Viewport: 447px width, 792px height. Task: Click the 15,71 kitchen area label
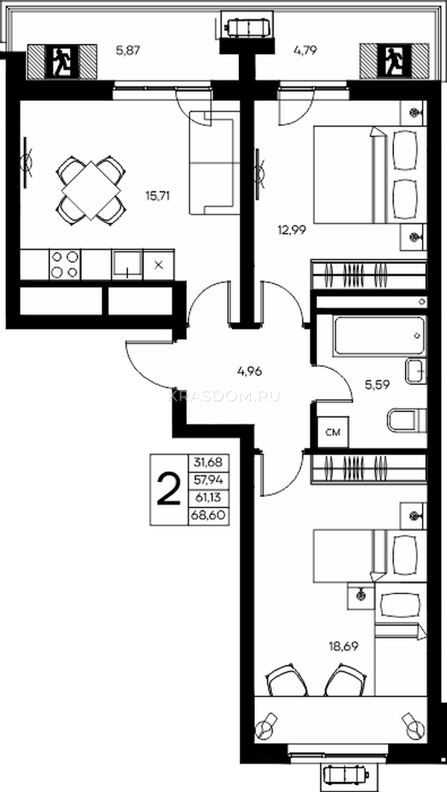point(158,195)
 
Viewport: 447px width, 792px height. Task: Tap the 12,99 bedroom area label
point(291,230)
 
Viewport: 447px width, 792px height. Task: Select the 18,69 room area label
point(343,646)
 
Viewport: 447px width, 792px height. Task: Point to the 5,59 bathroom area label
point(377,384)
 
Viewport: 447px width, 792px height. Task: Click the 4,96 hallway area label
point(250,371)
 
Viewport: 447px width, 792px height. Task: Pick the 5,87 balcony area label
point(128,51)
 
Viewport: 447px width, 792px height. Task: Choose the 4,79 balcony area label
point(305,51)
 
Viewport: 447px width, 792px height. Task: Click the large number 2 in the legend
point(168,489)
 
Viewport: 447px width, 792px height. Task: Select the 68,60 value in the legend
point(208,515)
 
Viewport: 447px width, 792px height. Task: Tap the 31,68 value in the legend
point(208,462)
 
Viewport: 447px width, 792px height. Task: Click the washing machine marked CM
point(333,432)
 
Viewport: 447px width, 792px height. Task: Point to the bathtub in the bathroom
point(378,336)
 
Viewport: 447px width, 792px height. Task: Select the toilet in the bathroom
point(407,422)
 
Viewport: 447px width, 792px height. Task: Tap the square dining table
point(91,190)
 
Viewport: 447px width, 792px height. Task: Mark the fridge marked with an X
point(158,265)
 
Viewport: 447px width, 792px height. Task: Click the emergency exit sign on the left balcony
point(62,62)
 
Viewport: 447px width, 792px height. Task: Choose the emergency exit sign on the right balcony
point(394,61)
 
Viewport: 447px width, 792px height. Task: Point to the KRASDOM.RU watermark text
point(225,397)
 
